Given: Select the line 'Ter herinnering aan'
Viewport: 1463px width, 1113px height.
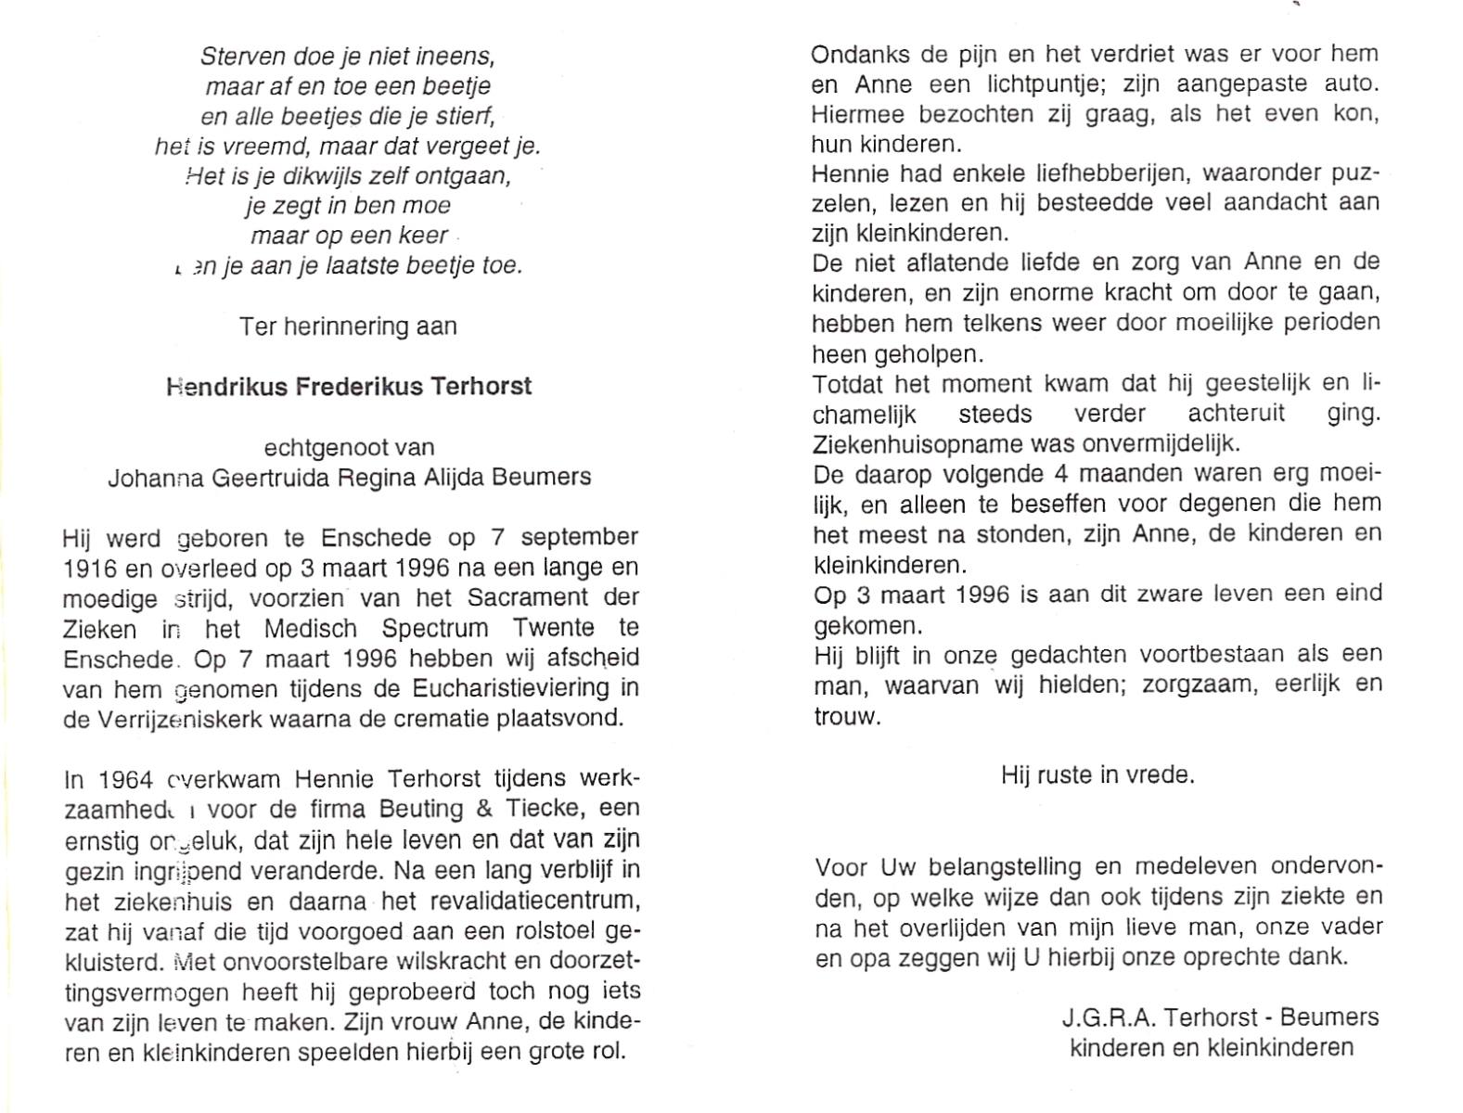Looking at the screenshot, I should (x=348, y=326).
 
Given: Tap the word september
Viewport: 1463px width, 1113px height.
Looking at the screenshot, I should (x=579, y=538).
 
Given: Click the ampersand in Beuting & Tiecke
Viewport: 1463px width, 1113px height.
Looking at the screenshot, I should (x=483, y=809).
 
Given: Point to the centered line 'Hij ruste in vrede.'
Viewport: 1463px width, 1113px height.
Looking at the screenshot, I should (x=1097, y=774).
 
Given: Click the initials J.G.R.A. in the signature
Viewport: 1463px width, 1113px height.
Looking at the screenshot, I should (x=1106, y=1017).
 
